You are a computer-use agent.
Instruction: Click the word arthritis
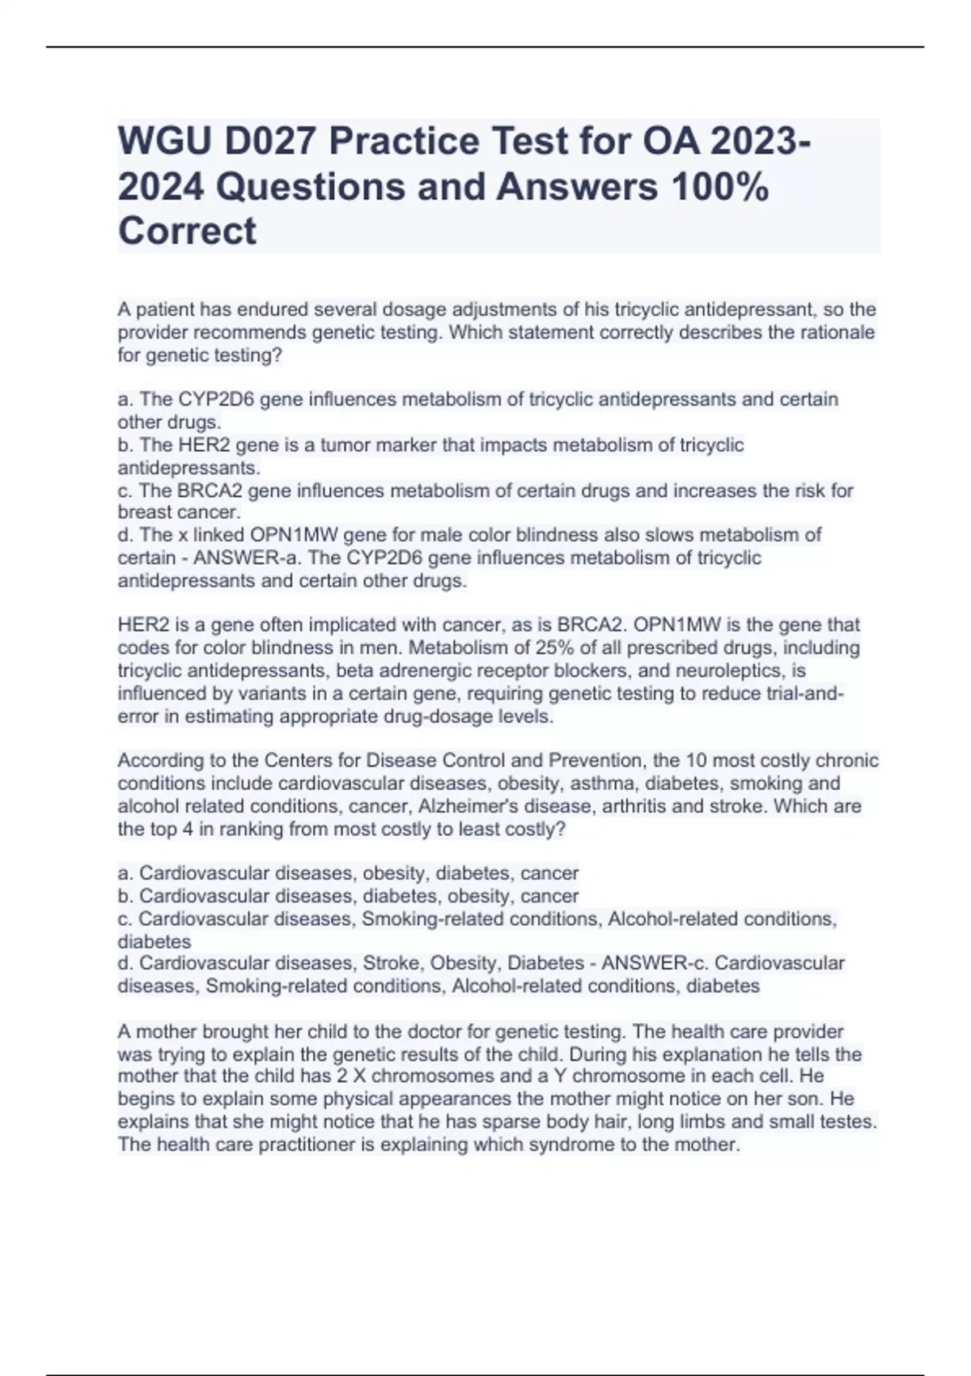click(x=693, y=806)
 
